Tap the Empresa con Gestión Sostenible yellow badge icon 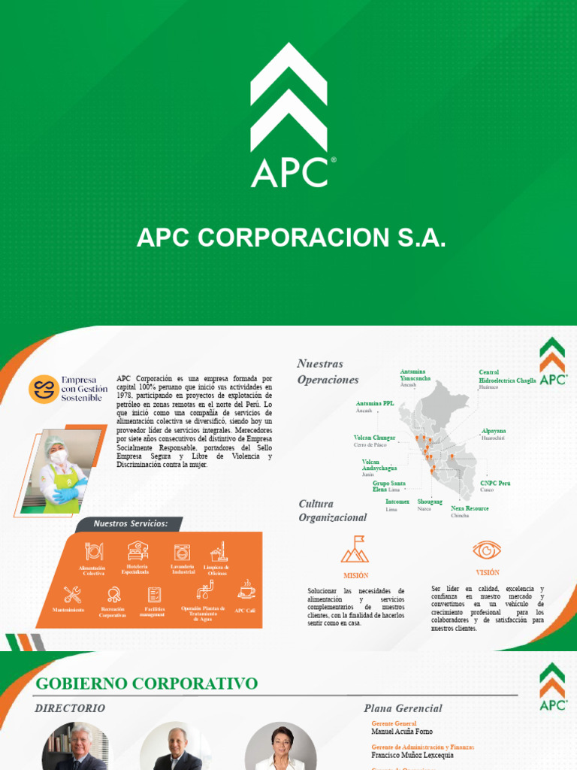pyautogui.click(x=44, y=389)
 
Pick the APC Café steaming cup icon pyautogui.click(x=246, y=590)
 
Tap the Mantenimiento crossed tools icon pyautogui.click(x=73, y=594)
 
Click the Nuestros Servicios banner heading pyautogui.click(x=125, y=523)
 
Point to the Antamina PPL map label pyautogui.click(x=374, y=403)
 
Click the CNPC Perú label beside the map pyautogui.click(x=495, y=483)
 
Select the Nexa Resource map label pyautogui.click(x=470, y=508)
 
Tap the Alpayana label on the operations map pyautogui.click(x=494, y=431)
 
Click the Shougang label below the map pyautogui.click(x=430, y=502)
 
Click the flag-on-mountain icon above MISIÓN pyautogui.click(x=355, y=550)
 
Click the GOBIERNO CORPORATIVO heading pyautogui.click(x=147, y=684)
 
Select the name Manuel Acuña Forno pyautogui.click(x=402, y=731)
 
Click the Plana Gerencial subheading pyautogui.click(x=403, y=708)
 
